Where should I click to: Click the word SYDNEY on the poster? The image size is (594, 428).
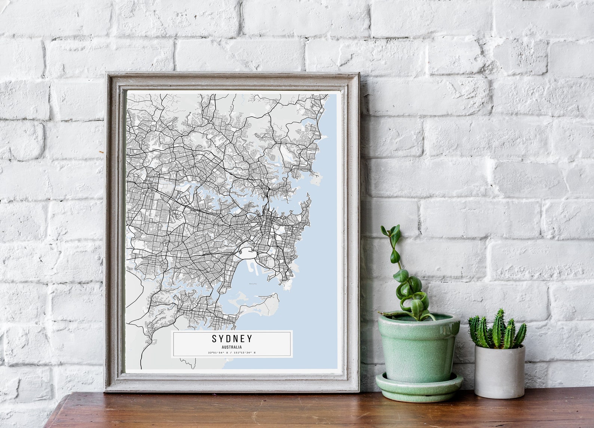232,339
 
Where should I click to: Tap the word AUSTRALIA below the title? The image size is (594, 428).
232,347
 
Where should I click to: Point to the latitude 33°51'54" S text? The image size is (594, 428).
218,352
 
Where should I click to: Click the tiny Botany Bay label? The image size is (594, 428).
253,284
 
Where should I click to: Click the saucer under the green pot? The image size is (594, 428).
419,389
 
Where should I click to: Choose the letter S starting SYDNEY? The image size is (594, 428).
214,339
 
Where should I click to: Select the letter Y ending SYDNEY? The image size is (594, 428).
249,339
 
